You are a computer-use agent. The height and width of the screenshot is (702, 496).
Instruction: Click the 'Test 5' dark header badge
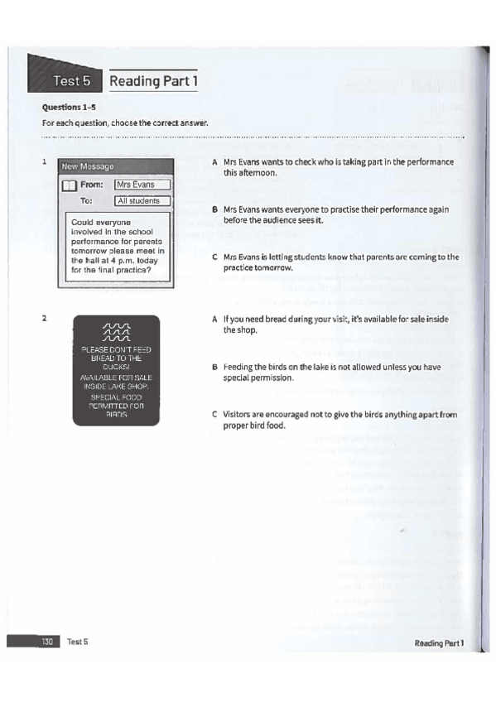[x=70, y=81]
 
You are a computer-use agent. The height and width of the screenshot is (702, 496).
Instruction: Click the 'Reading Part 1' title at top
[x=153, y=81]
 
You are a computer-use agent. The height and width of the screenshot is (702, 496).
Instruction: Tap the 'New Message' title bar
[x=87, y=167]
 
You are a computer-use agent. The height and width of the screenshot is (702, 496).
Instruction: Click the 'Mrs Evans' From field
[x=142, y=185]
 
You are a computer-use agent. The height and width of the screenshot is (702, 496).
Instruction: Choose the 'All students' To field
[x=142, y=200]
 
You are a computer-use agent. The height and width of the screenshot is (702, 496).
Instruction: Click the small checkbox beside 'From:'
[x=70, y=185]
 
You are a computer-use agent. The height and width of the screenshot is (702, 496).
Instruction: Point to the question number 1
[x=44, y=162]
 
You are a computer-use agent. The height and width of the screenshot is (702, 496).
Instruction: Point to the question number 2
[x=44, y=317]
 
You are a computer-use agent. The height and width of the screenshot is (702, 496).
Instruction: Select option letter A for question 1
[x=214, y=162]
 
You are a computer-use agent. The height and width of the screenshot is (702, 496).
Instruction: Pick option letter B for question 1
[x=214, y=210]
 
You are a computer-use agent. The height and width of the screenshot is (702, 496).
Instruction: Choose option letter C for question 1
[x=214, y=257]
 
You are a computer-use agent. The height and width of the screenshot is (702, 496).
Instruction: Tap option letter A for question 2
[x=214, y=319]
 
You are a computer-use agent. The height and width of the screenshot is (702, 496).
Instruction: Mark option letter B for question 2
[x=214, y=367]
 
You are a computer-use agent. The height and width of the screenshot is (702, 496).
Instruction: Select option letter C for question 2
[x=214, y=415]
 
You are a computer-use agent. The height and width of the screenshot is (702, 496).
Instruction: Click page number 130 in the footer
[x=47, y=642]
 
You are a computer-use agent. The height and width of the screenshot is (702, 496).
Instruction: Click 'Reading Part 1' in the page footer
[x=439, y=642]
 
